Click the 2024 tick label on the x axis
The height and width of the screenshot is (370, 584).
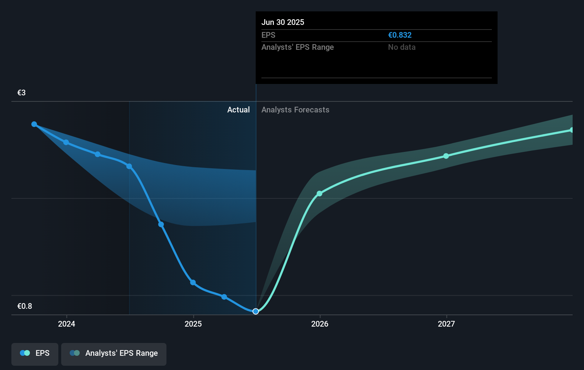[x=67, y=324]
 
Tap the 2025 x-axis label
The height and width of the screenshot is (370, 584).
[x=193, y=324]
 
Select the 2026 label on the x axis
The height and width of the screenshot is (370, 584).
[x=320, y=324]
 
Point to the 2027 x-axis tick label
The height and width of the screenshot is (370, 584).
[x=446, y=324]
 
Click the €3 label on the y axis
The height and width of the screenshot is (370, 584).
[x=22, y=93]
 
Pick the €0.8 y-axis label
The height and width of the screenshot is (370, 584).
[x=25, y=306]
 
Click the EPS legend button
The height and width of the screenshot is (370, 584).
[x=35, y=353]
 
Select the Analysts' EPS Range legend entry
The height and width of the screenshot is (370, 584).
[x=114, y=353]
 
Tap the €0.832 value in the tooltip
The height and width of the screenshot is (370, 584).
[x=400, y=35]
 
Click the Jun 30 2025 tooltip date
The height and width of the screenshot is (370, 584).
[x=283, y=22]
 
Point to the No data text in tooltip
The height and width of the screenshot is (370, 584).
[x=402, y=47]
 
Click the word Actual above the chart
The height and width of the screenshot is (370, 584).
[x=238, y=110]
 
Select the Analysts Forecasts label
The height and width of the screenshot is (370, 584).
[x=295, y=110]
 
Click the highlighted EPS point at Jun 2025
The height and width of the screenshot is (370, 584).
[x=256, y=311]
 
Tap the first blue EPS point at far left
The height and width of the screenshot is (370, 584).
[x=34, y=124]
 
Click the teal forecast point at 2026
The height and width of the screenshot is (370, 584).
[x=319, y=194]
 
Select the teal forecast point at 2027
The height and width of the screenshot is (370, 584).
[x=446, y=156]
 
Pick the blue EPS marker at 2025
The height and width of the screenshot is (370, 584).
[x=193, y=282]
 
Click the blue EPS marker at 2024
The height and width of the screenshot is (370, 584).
[x=66, y=142]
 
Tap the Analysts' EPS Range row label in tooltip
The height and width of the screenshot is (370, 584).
[x=297, y=47]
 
